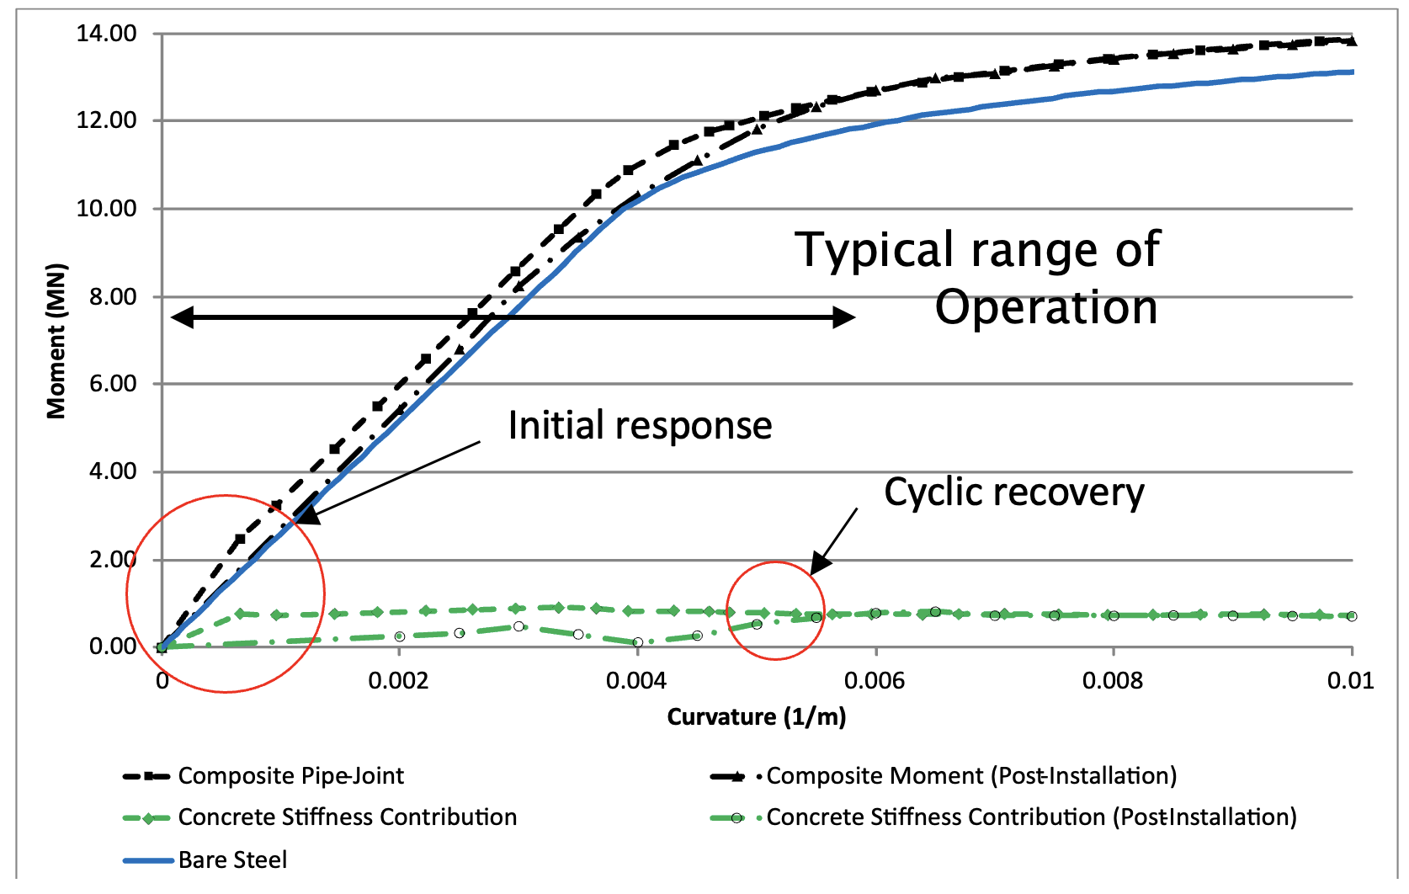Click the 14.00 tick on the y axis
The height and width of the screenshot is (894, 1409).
[x=106, y=34]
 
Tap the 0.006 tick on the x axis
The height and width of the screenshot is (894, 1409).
[x=875, y=680]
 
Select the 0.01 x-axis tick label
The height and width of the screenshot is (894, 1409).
[x=1349, y=680]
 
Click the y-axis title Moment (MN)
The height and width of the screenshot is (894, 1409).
[x=56, y=341]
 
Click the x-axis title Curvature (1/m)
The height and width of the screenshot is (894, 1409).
[x=756, y=717]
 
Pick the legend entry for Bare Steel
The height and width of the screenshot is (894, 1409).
[x=232, y=859]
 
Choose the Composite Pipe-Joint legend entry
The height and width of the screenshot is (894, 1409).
[x=290, y=775]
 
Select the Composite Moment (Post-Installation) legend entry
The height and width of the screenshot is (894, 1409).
[x=970, y=775]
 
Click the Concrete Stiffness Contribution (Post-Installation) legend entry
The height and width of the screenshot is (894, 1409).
[x=1031, y=817]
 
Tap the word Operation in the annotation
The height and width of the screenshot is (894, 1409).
[x=1046, y=307]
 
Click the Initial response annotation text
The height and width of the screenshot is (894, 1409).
[x=640, y=425]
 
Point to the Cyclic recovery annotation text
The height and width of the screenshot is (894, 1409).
[x=1013, y=492]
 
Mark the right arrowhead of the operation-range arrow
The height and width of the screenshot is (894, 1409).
[x=845, y=317]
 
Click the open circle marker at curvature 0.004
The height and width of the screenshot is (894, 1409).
[x=638, y=642]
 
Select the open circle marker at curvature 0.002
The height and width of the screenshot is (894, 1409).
[x=400, y=636]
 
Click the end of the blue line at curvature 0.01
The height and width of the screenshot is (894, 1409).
[x=1352, y=72]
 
